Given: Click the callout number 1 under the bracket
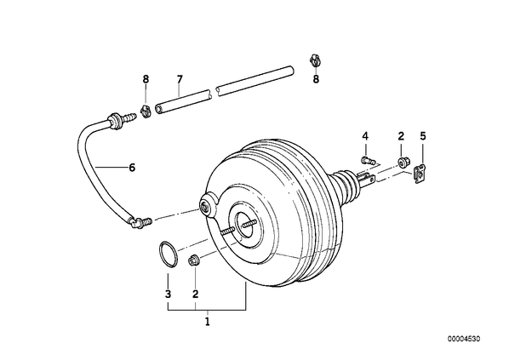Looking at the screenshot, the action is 208,322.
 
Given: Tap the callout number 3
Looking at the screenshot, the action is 168,294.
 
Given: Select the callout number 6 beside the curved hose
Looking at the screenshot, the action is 132,168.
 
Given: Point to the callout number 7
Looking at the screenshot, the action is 180,79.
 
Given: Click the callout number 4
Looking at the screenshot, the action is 365,136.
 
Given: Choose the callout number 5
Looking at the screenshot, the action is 423,136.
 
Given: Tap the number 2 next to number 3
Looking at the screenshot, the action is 195,294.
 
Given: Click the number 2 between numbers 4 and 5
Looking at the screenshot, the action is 401,136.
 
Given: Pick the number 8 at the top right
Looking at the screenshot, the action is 316,79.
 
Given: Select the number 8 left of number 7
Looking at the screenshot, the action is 146,79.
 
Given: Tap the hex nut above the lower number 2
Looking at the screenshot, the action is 194,260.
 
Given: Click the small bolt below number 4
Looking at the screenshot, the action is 368,160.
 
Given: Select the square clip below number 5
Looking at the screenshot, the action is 420,174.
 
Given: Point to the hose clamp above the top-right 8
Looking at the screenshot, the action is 315,60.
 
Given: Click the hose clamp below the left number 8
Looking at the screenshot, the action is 146,111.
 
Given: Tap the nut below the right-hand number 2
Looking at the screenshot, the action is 403,162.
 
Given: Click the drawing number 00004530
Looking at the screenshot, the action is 464,339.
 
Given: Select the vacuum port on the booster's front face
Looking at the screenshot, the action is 205,207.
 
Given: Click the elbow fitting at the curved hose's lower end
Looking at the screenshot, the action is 140,223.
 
